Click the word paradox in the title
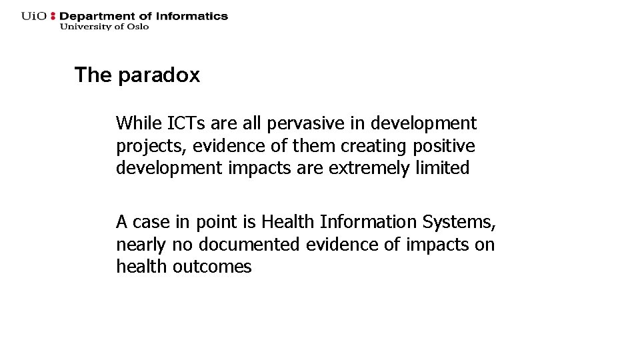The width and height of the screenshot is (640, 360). [159, 75]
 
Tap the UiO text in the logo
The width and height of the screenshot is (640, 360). [34, 16]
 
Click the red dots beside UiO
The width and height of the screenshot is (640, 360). [53, 16]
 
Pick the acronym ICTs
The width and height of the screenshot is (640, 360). [187, 123]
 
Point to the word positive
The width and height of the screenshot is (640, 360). [444, 145]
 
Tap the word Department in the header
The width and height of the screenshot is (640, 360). [99, 16]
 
